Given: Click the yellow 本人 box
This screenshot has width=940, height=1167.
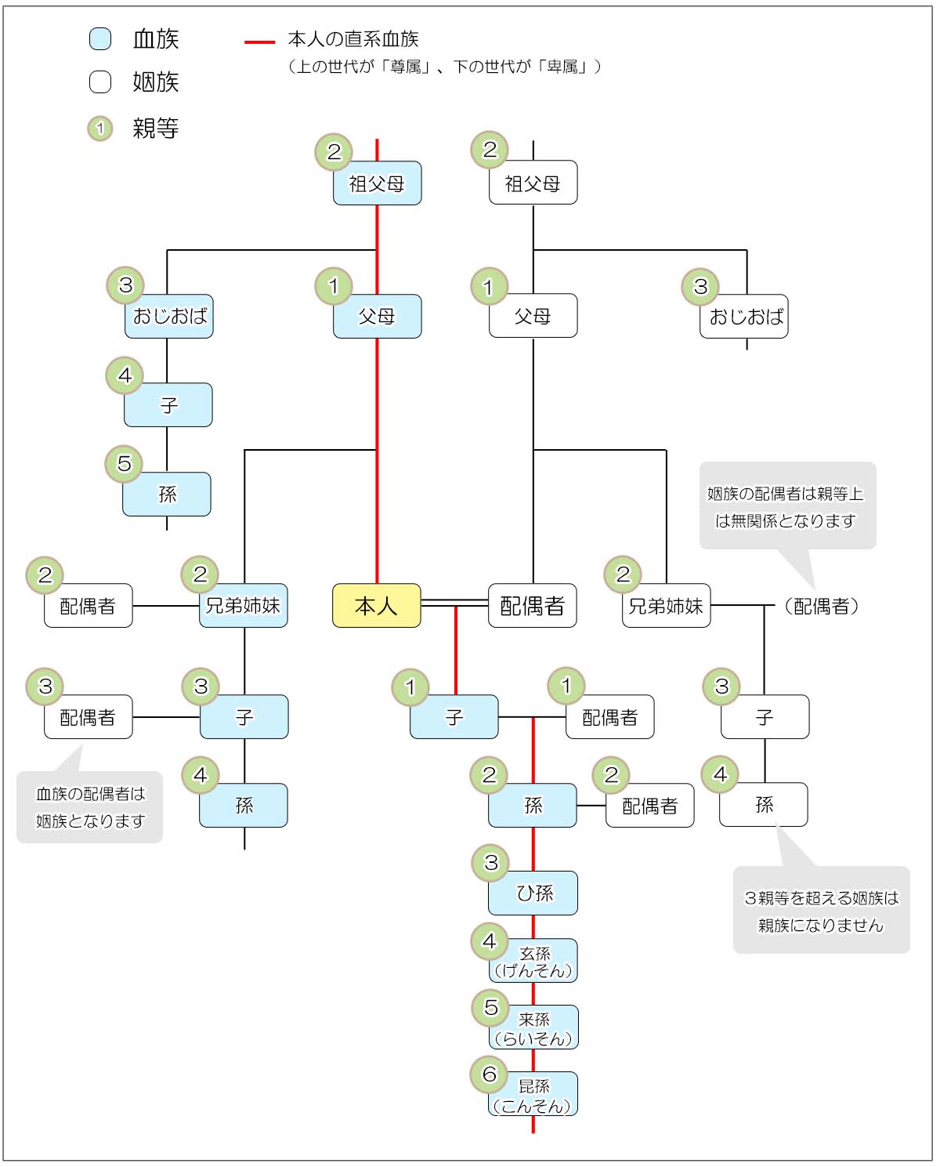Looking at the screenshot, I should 377,606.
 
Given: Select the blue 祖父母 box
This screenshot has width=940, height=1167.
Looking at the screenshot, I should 377,183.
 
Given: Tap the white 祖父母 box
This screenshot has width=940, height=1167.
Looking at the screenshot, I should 533,183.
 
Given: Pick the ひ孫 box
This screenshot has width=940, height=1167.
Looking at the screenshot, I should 533,893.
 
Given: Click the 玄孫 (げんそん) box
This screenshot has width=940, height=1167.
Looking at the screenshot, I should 533,962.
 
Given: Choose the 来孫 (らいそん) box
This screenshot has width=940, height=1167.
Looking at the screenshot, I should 533,1028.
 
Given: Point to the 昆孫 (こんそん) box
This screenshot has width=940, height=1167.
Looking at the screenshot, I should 533,1095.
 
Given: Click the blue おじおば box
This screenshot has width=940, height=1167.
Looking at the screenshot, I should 169,317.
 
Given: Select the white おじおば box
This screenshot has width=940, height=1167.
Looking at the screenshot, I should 744,317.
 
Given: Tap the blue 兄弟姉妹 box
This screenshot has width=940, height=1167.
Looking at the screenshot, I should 244,606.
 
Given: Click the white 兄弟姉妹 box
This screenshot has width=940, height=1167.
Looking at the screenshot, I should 666,606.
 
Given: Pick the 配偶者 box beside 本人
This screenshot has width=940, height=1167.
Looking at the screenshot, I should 533,606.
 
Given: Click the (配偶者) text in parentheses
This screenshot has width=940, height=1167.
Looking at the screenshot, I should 821,606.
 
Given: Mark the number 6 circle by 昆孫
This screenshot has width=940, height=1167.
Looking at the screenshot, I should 490,1074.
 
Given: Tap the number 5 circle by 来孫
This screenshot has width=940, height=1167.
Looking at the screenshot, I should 490,1007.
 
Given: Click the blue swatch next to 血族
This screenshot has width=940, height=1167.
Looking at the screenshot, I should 100,38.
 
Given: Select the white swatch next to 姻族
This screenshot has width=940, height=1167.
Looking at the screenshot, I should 100,82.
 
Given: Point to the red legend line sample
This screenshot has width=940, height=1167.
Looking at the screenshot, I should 259,41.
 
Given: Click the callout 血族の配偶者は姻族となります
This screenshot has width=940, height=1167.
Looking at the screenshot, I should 90,807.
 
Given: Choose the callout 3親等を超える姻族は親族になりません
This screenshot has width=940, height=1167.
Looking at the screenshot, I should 821,911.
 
